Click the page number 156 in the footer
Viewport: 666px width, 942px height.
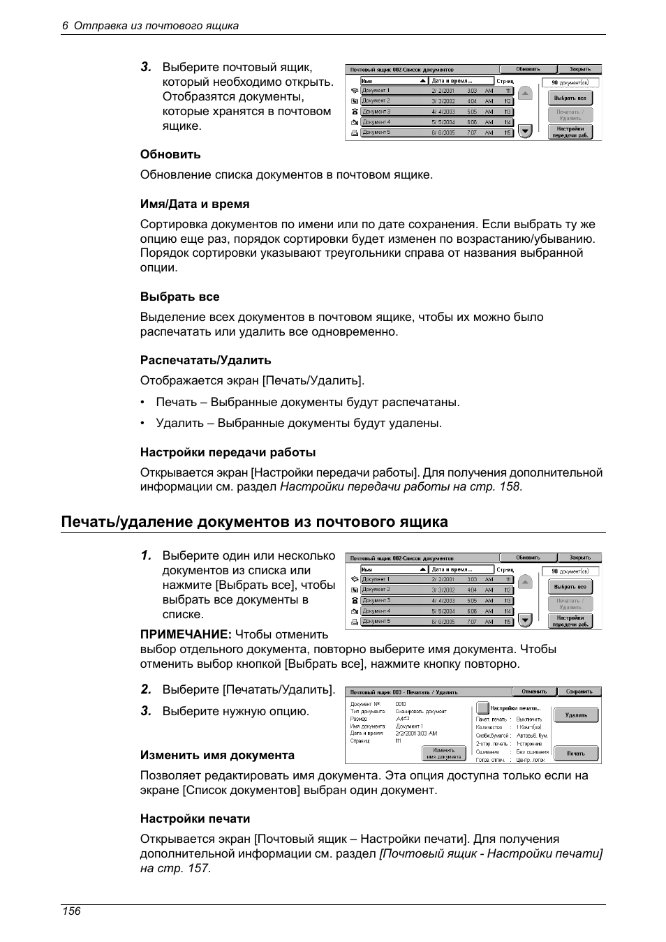tap(71, 911)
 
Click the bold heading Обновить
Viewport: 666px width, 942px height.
tap(170, 154)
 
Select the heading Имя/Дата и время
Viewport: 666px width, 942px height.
tap(195, 204)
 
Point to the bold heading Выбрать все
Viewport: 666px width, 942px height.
tap(179, 297)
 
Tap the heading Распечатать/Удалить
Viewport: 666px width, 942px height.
tap(205, 360)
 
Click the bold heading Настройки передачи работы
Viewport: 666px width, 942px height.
tap(228, 452)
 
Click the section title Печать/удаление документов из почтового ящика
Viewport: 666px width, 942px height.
tap(254, 522)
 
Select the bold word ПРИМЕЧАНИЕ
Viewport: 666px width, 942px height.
tap(186, 634)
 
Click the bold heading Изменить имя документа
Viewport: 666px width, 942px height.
tap(217, 755)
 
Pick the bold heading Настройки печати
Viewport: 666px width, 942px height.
tap(195, 818)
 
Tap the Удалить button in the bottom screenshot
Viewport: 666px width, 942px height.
tap(576, 715)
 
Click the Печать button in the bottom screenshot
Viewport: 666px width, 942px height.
tap(576, 754)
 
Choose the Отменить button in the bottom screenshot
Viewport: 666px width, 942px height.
tap(534, 691)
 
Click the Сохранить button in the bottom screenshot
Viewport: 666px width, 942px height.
tap(579, 691)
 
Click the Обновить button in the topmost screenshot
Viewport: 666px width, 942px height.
tap(528, 69)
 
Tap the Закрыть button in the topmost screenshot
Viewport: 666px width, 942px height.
tap(579, 69)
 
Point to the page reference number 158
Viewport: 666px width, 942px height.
tap(509, 487)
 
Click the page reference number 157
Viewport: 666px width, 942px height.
tap(198, 868)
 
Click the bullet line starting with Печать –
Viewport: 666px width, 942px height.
tap(307, 402)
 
